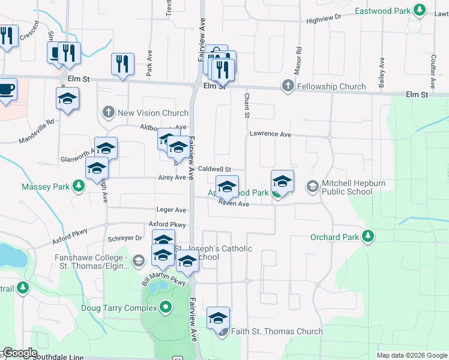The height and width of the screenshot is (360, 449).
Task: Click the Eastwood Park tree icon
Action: tap(421, 11)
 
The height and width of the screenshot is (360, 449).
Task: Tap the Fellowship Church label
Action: tap(331, 86)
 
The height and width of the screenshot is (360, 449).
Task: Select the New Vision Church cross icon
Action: tap(109, 112)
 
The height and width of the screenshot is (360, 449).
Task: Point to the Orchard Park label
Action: tap(334, 237)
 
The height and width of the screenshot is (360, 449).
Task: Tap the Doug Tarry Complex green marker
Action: tap(166, 308)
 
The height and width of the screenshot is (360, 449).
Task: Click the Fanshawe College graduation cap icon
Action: tap(139, 260)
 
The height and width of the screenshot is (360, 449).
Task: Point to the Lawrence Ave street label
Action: tap(270, 134)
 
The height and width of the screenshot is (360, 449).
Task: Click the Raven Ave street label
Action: tap(234, 204)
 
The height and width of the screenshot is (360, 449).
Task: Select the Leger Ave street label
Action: tap(172, 210)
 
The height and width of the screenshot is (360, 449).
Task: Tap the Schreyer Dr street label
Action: tap(126, 238)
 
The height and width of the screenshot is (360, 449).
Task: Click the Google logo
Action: tap(20, 353)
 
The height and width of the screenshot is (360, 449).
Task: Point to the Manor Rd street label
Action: tap(298, 60)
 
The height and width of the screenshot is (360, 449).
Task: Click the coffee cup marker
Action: tap(6, 89)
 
